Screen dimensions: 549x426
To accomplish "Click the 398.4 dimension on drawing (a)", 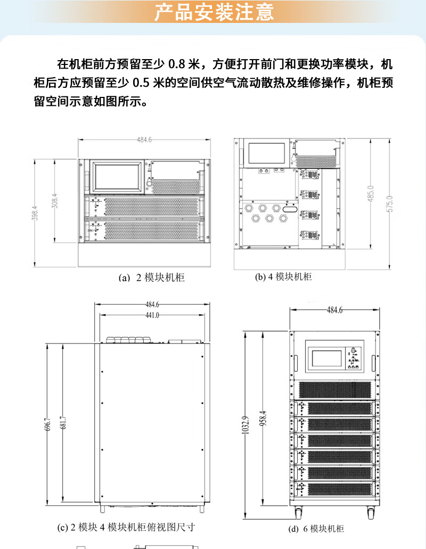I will point(35,212).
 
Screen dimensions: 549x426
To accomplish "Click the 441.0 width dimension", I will point(152,315).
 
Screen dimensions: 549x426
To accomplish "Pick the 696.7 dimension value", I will point(48,424).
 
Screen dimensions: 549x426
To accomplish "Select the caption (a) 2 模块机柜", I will point(152,278).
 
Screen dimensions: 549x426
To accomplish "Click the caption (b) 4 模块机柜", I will point(283,277).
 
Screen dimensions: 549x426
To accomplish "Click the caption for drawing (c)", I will point(126,528).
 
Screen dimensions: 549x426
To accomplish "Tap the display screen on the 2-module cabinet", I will point(119,177).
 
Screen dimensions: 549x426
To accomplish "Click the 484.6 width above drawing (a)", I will point(144,140).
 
